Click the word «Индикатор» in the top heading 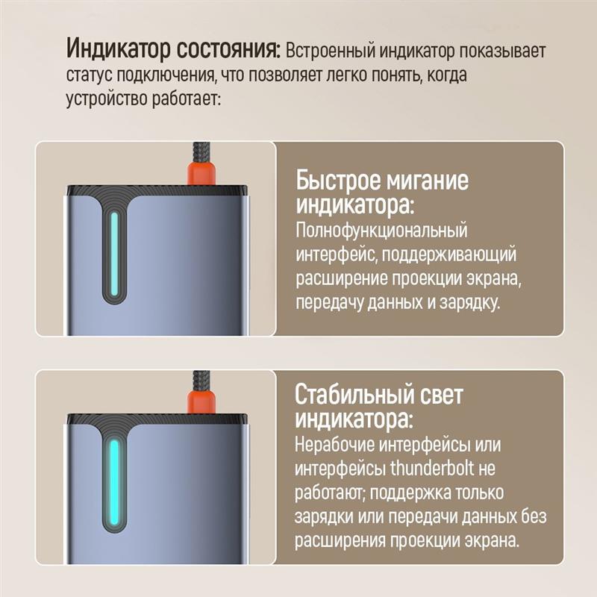pos(118,49)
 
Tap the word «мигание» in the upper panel pos(426,181)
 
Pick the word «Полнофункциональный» pos(381,231)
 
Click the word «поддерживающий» pos(449,254)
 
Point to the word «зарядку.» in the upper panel pos(469,303)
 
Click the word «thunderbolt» pos(432,468)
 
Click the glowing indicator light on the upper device pos(114,254)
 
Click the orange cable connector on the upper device pos(201,174)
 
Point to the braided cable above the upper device pos(201,152)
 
